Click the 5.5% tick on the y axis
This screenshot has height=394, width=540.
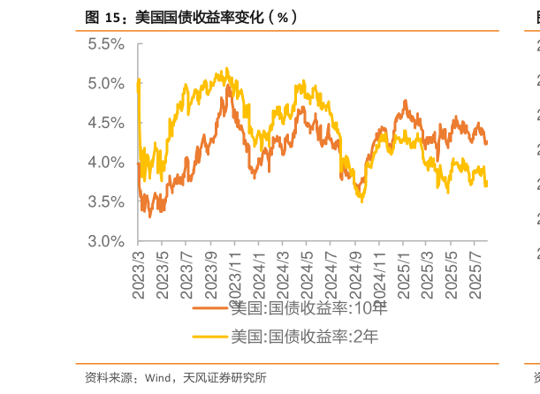point(107,43)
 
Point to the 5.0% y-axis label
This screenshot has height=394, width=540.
point(107,83)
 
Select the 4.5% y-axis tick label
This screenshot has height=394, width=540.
point(107,123)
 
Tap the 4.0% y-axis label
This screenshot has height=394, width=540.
point(107,163)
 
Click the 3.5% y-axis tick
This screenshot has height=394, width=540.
point(107,201)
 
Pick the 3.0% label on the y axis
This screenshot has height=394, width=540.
point(107,241)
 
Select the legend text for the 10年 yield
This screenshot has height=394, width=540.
point(308,308)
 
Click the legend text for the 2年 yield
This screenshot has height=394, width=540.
point(304,336)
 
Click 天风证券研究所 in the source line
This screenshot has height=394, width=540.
point(224,378)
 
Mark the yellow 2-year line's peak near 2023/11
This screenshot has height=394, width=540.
point(227,68)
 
